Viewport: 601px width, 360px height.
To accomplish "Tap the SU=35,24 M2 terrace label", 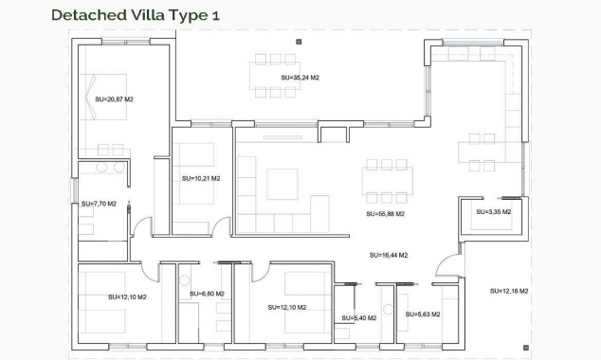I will tap(301, 78).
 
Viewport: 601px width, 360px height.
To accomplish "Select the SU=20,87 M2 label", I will tap(115, 99).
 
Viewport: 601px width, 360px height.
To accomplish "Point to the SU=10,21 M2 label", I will tap(201, 178).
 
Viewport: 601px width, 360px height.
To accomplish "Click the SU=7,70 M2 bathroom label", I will tap(99, 204).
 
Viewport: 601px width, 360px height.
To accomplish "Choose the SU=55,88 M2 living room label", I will tap(386, 214).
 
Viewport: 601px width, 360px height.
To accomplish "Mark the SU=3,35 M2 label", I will tap(494, 212).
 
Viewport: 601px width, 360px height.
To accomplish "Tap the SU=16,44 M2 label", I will tap(389, 255).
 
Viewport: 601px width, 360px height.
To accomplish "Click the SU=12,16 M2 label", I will tap(510, 291).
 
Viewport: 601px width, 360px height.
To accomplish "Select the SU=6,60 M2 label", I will tap(207, 294).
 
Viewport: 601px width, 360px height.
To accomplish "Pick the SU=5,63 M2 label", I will tap(424, 314).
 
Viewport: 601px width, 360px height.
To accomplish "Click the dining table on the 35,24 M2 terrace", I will tap(276, 76).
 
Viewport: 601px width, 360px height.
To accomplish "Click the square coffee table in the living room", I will tap(282, 184).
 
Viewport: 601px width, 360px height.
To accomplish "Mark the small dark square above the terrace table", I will tap(299, 41).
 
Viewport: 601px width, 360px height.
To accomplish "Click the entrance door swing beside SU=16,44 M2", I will tap(445, 267).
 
